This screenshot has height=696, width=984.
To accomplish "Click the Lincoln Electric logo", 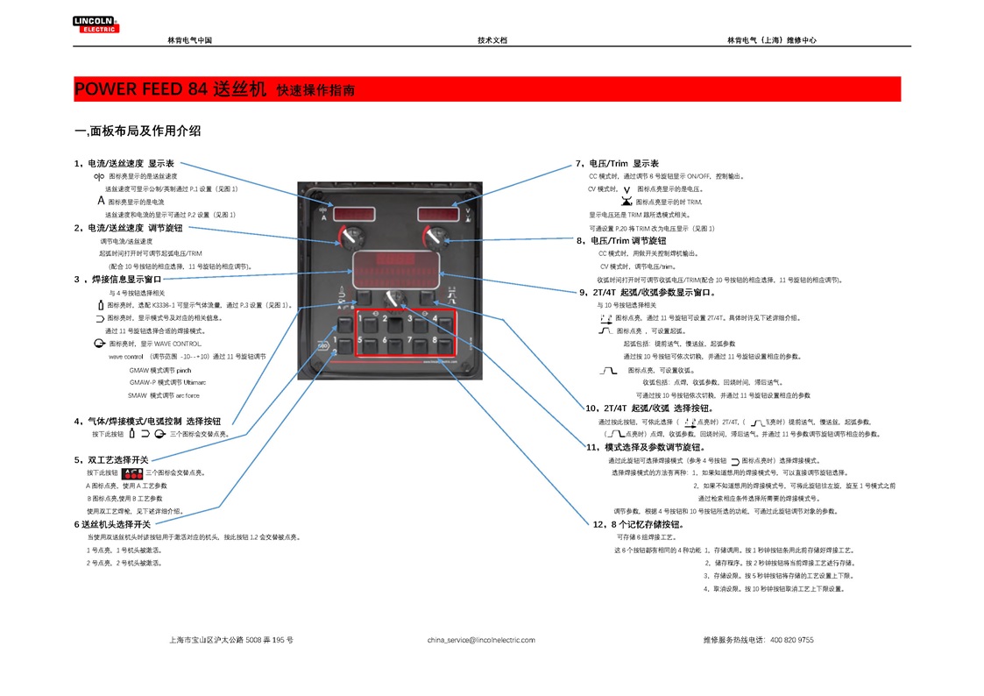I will click(x=96, y=24).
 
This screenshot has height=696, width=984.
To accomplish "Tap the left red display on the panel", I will click(x=350, y=215).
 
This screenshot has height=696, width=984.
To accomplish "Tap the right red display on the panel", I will click(x=440, y=214).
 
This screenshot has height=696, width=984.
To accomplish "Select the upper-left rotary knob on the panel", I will click(x=352, y=236).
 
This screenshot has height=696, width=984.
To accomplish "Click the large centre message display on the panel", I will click(x=395, y=267).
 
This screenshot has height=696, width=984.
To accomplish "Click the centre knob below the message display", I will click(x=395, y=298).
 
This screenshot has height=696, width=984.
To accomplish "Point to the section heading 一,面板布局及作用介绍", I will click(x=138, y=131).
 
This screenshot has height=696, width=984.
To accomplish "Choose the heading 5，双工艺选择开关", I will click(x=111, y=459).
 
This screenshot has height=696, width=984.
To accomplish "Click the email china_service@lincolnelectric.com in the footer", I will click(x=481, y=640).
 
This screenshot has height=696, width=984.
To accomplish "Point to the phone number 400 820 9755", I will click(x=791, y=640).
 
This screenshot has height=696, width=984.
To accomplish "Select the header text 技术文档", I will click(x=492, y=40).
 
